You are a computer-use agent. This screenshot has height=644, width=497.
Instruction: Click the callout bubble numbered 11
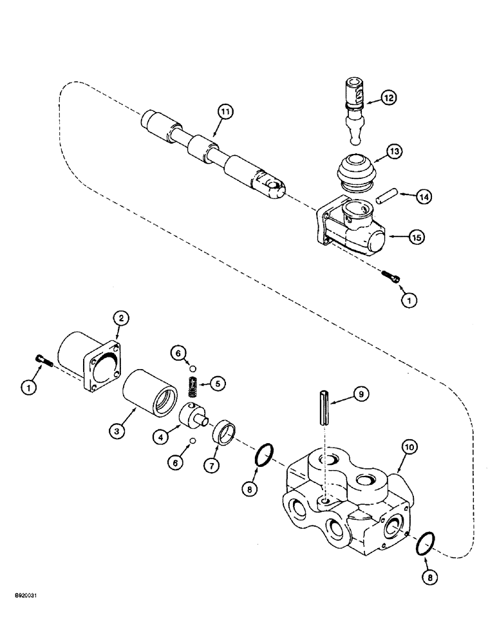tap(206, 112)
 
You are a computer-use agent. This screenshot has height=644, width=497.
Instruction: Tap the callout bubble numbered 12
tap(389, 98)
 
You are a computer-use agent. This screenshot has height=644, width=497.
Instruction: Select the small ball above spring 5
tap(191, 368)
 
